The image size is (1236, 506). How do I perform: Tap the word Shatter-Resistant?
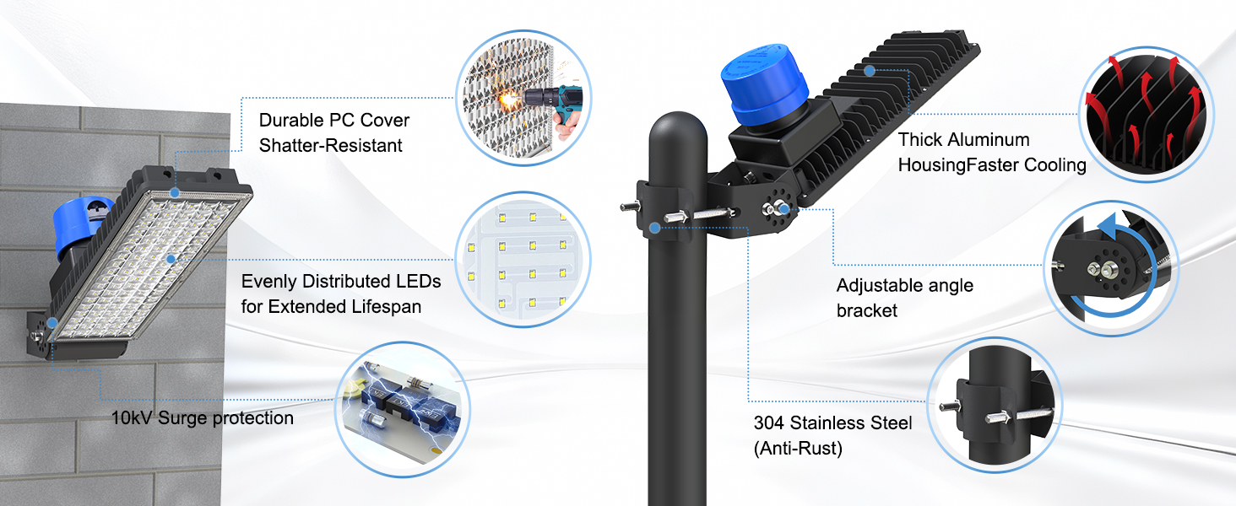pyautogui.click(x=330, y=145)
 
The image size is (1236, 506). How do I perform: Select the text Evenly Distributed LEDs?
pyautogui.click(x=341, y=281)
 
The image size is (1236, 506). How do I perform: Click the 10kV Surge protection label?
pyautogui.click(x=203, y=418)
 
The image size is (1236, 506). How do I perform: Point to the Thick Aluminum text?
pyautogui.click(x=963, y=139)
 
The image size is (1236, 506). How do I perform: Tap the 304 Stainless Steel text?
pyautogui.click(x=832, y=423)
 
